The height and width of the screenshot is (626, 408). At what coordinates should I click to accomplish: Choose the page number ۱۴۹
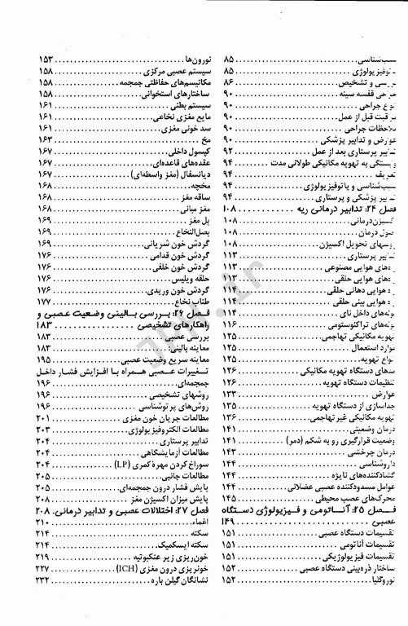[229, 520]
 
